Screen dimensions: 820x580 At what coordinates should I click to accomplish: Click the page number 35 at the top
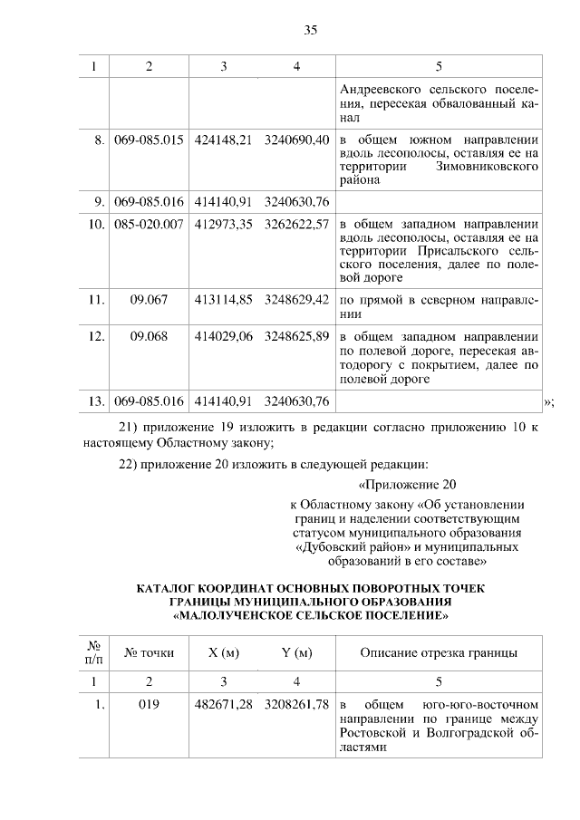click(x=310, y=30)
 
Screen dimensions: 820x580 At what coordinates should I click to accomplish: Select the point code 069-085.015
click(x=149, y=140)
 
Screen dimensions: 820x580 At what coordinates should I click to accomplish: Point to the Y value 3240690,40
click(x=296, y=140)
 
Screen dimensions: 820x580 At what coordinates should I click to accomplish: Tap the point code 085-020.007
click(x=149, y=224)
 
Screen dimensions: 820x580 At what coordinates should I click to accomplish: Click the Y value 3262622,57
click(x=296, y=224)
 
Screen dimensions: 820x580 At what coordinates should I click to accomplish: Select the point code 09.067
click(x=149, y=297)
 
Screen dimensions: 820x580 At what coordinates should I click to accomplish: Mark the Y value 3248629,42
click(x=296, y=297)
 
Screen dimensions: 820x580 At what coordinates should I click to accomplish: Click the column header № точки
click(x=149, y=653)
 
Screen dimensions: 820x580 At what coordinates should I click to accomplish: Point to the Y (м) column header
click(x=296, y=653)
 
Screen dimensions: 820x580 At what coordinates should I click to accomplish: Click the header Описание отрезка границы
click(x=439, y=653)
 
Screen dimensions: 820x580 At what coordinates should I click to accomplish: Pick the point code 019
click(x=149, y=704)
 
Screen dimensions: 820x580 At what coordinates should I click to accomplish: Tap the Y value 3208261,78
click(x=296, y=704)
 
